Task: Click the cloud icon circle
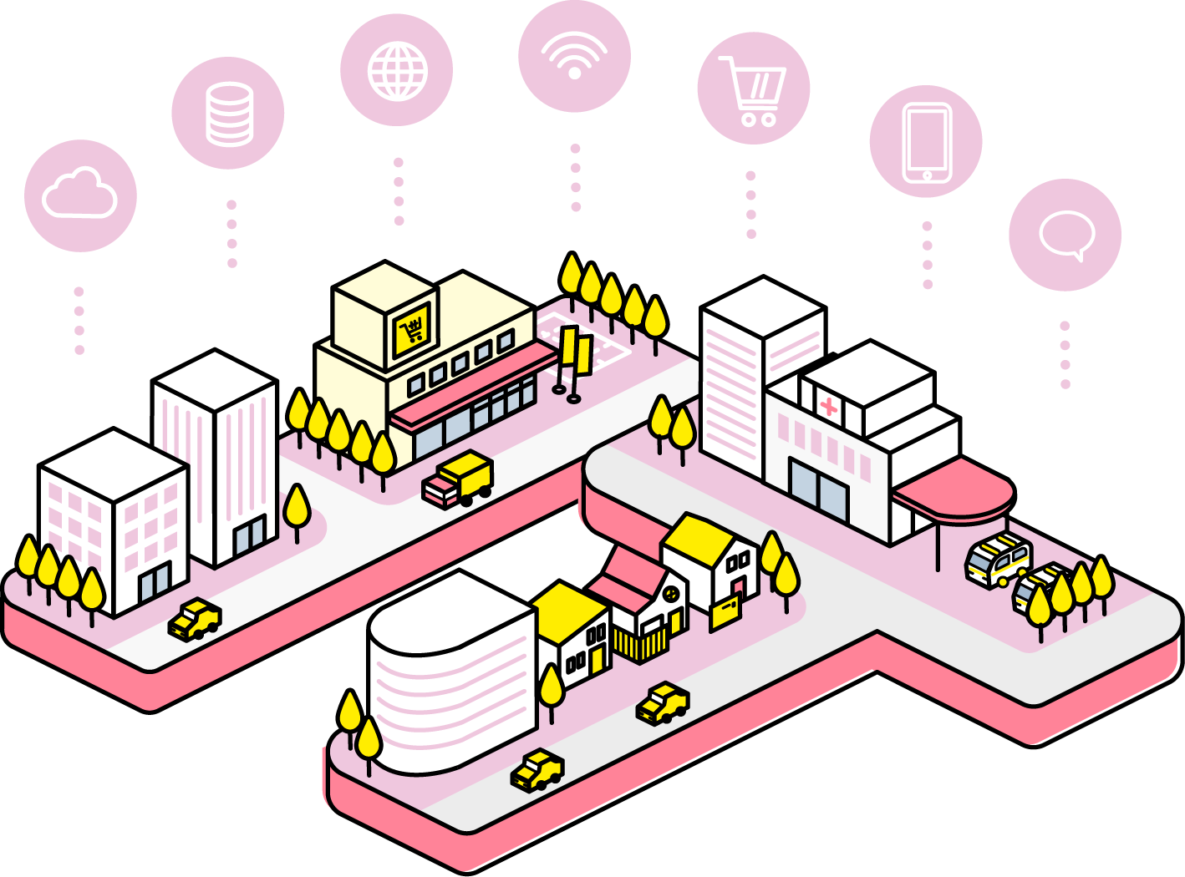80,195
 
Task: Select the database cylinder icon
228,113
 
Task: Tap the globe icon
397,70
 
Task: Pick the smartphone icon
926,142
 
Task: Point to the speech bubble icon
1065,235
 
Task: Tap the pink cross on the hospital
828,407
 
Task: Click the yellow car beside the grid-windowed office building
196,619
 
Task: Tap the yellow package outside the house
725,612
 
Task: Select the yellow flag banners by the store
575,355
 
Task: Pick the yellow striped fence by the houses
639,643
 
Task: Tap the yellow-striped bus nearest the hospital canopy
998,560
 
